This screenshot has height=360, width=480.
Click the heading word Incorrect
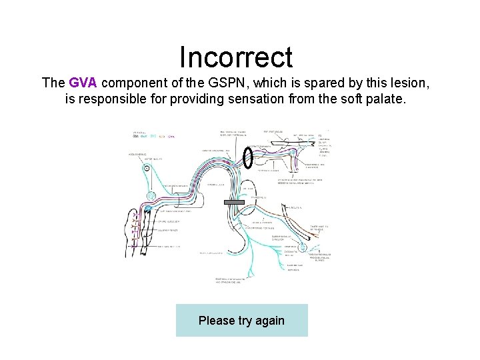(236, 57)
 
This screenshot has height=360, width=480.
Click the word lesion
(412, 83)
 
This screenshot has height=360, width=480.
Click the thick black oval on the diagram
(247, 158)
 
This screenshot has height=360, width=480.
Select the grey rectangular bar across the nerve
(235, 201)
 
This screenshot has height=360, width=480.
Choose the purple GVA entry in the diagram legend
(171, 137)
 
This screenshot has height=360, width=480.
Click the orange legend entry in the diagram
(162, 137)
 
